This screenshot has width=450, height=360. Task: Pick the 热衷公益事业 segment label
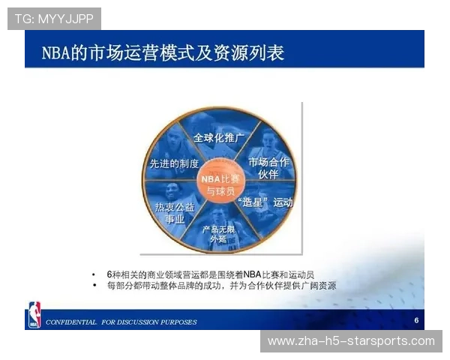coord(169,212)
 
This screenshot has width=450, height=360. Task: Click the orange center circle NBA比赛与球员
coord(218,185)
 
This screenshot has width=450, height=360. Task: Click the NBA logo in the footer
coord(34,314)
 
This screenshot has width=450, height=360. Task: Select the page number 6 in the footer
coord(415,320)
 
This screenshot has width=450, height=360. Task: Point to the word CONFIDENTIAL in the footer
coord(71,322)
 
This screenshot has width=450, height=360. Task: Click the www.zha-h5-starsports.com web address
coord(351,341)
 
